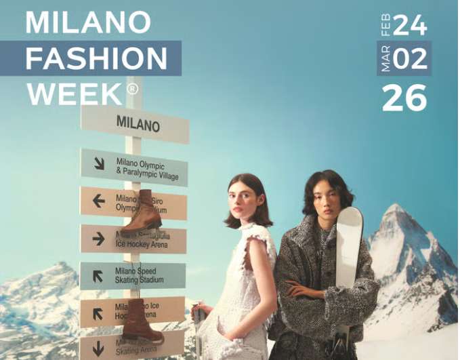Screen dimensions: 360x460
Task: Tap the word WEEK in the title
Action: pyautogui.click(x=75, y=94)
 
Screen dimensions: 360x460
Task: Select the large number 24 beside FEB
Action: pyautogui.click(x=409, y=25)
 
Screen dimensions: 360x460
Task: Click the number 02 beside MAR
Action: pyautogui.click(x=410, y=60)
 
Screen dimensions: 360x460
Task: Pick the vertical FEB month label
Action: pyautogui.click(x=384, y=24)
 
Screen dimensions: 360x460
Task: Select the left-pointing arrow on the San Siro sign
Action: pyautogui.click(x=99, y=201)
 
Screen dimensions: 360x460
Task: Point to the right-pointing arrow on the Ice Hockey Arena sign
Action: pyautogui.click(x=99, y=238)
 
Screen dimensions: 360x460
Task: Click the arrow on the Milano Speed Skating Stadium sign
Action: pyautogui.click(x=99, y=275)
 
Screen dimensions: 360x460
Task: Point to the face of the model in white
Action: pyautogui.click(x=249, y=203)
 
